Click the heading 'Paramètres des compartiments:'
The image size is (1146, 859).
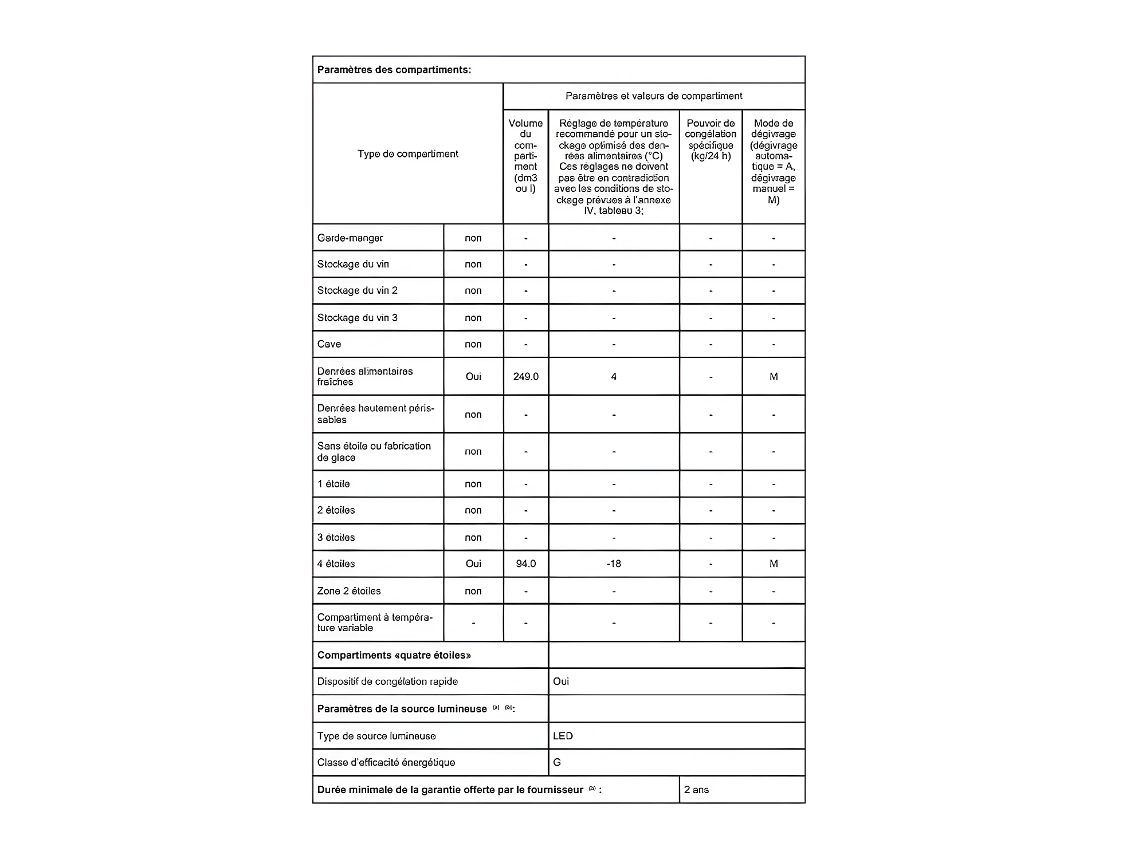394,70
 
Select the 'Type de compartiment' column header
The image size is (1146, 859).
407,154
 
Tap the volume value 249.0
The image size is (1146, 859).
525,377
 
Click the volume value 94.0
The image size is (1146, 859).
525,564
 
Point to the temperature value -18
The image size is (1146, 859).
614,564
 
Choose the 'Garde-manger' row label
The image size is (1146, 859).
350,238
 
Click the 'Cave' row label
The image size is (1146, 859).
329,344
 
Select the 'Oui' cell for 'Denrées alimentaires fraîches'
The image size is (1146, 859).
473,377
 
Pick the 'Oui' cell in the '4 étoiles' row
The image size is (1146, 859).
473,564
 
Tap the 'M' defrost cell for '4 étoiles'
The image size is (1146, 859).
774,564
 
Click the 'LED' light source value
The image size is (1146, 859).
563,736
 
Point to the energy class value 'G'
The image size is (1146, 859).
557,763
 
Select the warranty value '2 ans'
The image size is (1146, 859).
696,790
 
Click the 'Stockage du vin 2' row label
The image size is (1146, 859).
357,291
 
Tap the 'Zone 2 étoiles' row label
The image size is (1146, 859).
349,591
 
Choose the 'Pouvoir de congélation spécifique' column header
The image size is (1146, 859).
711,140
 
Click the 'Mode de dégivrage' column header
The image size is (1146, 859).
774,161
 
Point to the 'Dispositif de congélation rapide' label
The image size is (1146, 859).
387,682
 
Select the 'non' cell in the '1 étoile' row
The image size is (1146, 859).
473,484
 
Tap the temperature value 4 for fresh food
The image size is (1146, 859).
614,377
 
